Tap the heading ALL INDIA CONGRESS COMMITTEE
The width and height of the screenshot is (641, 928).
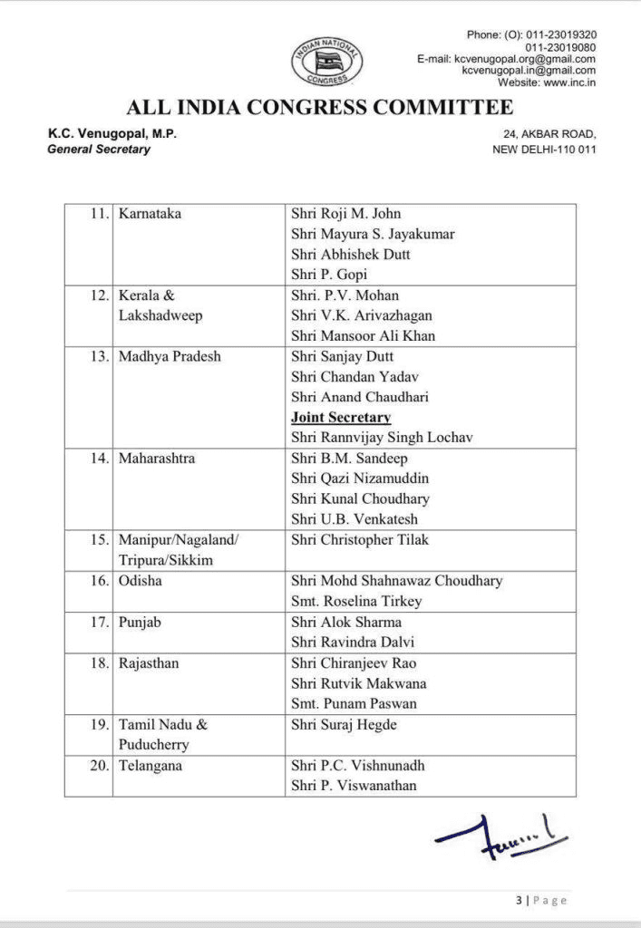pos(320,108)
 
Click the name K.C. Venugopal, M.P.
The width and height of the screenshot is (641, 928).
pos(112,134)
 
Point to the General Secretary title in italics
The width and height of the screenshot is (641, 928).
pos(99,149)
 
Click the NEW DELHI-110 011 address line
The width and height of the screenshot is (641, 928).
pos(544,149)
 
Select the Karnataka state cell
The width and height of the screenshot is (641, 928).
pos(150,214)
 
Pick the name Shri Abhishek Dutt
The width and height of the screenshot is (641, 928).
pos(350,255)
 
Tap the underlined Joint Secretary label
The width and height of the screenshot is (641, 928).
pos(341,418)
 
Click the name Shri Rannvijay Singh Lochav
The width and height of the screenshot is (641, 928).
pos(382,438)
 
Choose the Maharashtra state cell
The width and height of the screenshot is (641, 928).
pos(156,459)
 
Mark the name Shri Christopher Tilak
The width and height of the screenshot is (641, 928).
pos(360,540)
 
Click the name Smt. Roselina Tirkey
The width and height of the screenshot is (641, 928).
pos(356,601)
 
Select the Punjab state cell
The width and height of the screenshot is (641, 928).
pos(139,622)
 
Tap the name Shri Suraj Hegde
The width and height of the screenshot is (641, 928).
pos(345,724)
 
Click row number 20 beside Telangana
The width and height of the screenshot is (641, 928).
pos(99,766)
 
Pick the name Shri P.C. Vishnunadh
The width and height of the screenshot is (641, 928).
pos(357,766)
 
